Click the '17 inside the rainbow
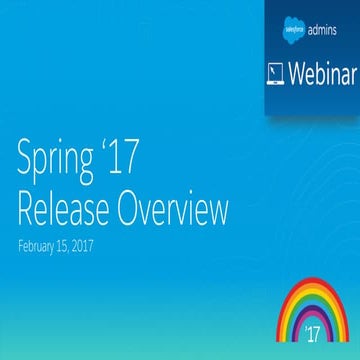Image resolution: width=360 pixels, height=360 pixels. [313, 329]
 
